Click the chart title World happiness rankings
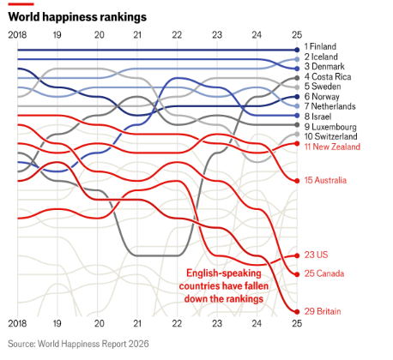point(77,17)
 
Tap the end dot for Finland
point(297,50)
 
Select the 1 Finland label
point(320,46)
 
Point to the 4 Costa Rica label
point(328,76)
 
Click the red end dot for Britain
point(297,312)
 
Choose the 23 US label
point(316,255)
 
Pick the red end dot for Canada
point(297,274)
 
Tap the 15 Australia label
point(325,180)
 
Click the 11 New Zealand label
point(332,147)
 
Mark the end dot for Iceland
point(297,59)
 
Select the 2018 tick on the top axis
point(17,35)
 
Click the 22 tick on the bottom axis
point(177,323)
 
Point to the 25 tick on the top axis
point(297,35)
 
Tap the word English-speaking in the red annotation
point(224,273)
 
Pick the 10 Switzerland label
point(330,136)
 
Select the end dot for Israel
point(297,116)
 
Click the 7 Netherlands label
point(330,106)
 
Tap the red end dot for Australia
point(297,181)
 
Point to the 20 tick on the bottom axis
point(100,323)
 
